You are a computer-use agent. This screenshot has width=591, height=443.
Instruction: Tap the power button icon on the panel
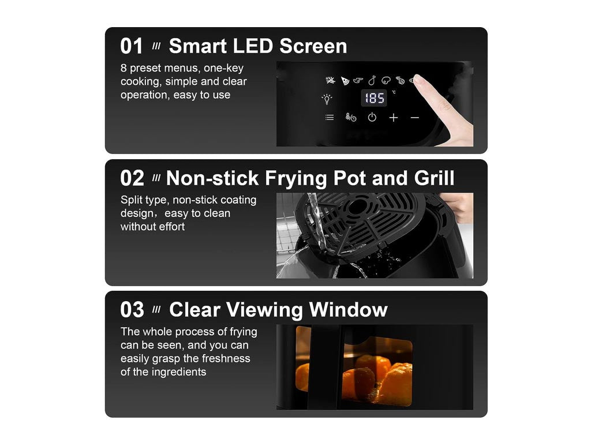click(x=372, y=117)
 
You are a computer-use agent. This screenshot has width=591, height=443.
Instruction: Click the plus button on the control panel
click(x=394, y=118)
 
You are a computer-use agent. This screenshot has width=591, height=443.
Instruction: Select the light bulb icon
click(x=327, y=99)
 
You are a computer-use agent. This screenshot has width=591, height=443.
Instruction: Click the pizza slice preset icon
click(x=345, y=81)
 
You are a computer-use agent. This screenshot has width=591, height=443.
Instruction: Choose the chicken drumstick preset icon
click(x=372, y=80)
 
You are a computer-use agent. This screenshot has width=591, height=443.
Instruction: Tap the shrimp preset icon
click(x=400, y=80)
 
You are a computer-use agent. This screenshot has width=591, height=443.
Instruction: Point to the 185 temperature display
click(x=374, y=98)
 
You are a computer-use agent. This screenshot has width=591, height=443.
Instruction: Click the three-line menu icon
click(x=330, y=118)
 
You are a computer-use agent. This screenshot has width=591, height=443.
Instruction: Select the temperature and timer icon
click(x=350, y=118)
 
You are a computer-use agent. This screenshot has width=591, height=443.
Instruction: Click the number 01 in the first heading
click(x=132, y=46)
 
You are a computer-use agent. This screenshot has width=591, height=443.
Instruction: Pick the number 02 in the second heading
click(x=132, y=178)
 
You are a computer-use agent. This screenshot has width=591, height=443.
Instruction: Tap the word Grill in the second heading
click(x=434, y=178)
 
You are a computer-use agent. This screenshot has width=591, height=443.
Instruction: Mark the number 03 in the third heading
click(x=132, y=310)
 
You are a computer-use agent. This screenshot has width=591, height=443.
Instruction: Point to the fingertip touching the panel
click(x=417, y=79)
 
